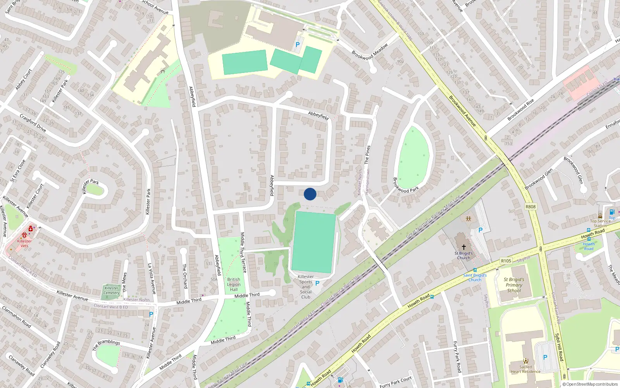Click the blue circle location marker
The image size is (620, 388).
coord(310,194)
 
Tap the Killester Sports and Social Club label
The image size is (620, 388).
coord(306,287)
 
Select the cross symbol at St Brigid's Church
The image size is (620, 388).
coord(463,247)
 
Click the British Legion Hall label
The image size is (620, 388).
coord(234,284)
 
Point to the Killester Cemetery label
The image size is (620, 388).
coord(112,290)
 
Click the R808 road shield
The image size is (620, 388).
coord(530,207)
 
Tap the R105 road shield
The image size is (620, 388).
coord(506,261)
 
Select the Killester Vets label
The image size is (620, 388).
coord(24,243)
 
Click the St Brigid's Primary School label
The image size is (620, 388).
coord(514,285)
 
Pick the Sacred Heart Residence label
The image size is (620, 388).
coord(525,369)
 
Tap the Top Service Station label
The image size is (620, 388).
coord(600,223)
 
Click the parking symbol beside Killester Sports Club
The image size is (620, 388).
coord(317,284)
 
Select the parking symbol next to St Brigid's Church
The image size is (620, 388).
coord(480,230)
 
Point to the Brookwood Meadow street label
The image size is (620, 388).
coord(370,52)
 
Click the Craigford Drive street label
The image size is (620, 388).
coord(33,123)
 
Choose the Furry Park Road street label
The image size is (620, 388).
coord(457,357)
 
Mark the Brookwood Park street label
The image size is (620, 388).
coord(406,185)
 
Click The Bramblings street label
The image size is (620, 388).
coord(106,345)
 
